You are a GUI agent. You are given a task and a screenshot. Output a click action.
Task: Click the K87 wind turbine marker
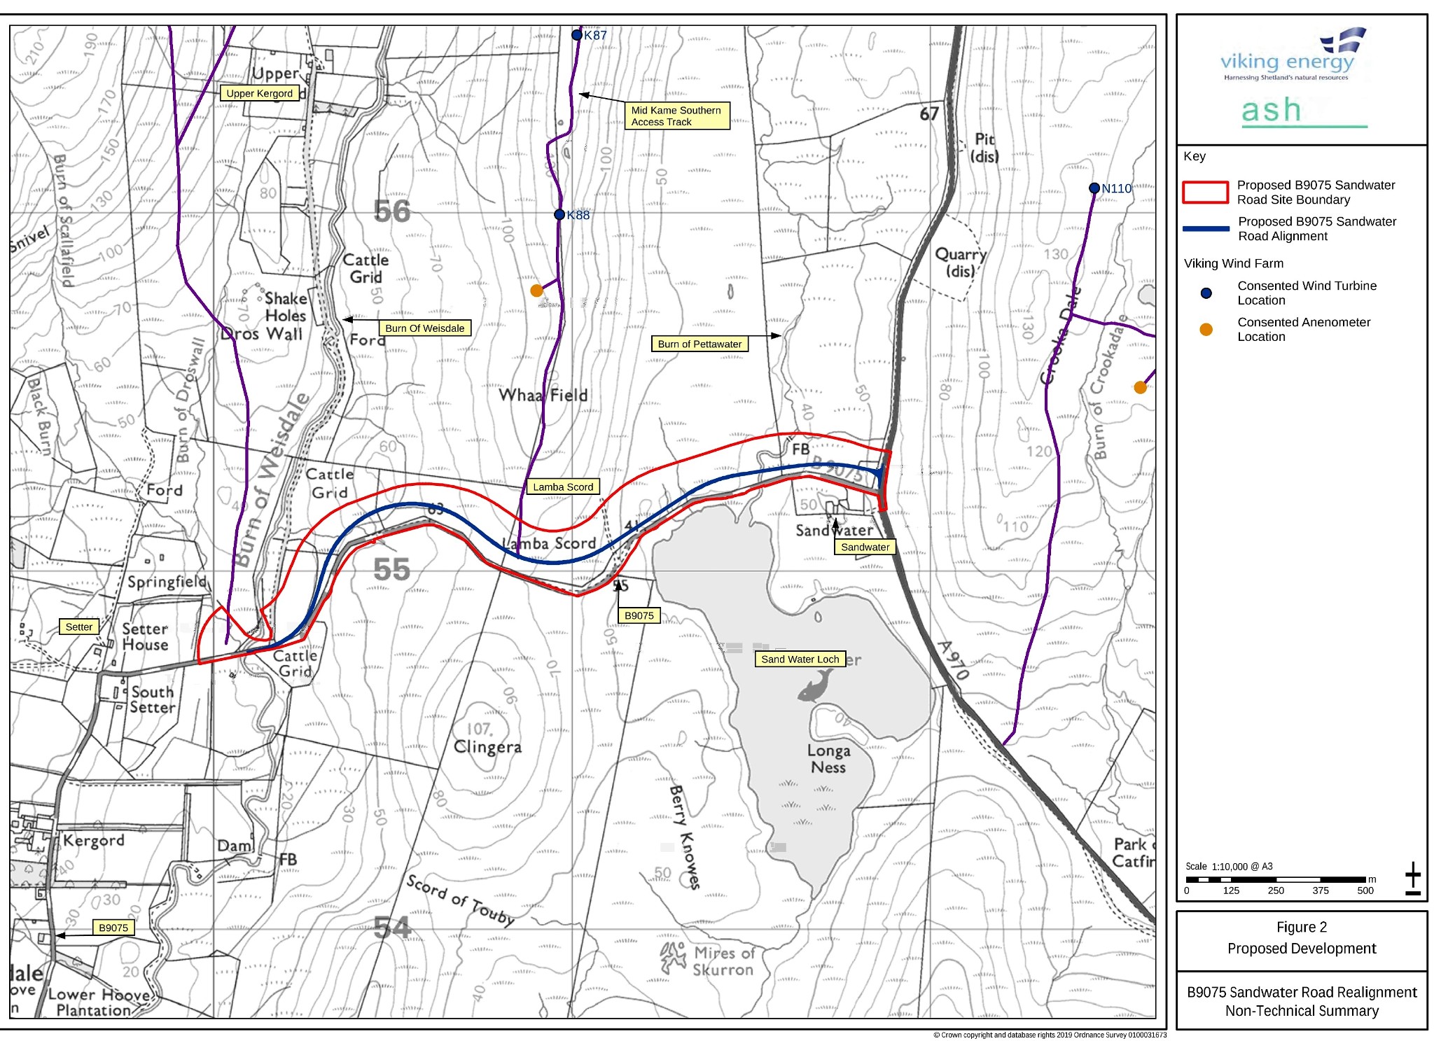tap(576, 35)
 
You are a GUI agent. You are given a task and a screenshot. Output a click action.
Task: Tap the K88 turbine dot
tap(559, 214)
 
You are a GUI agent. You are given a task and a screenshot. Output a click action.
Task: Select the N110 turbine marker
tap(1094, 188)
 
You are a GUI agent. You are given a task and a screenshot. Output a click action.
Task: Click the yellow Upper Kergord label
tap(259, 93)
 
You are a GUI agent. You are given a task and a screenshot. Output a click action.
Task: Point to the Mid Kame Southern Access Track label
tap(676, 116)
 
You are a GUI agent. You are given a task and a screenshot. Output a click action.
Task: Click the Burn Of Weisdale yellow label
tap(424, 328)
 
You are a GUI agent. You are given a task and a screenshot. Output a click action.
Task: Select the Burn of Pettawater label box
tap(699, 344)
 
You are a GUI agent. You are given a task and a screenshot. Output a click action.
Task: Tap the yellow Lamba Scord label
tap(562, 487)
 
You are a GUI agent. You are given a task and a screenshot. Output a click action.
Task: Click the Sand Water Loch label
tap(800, 659)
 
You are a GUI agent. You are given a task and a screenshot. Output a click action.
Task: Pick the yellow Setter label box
tap(78, 627)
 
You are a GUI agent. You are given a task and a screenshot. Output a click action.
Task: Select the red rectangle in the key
tap(1204, 193)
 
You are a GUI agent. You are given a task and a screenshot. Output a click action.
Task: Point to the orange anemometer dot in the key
tap(1206, 329)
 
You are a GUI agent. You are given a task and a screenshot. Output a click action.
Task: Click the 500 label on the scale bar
tap(1365, 890)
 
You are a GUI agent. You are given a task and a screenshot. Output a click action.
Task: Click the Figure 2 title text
tap(1301, 927)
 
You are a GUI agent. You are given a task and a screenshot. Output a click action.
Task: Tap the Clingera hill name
tap(487, 746)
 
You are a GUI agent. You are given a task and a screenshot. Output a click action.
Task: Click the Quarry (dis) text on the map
tap(960, 262)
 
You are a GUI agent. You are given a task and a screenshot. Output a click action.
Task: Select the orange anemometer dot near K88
tap(536, 290)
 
